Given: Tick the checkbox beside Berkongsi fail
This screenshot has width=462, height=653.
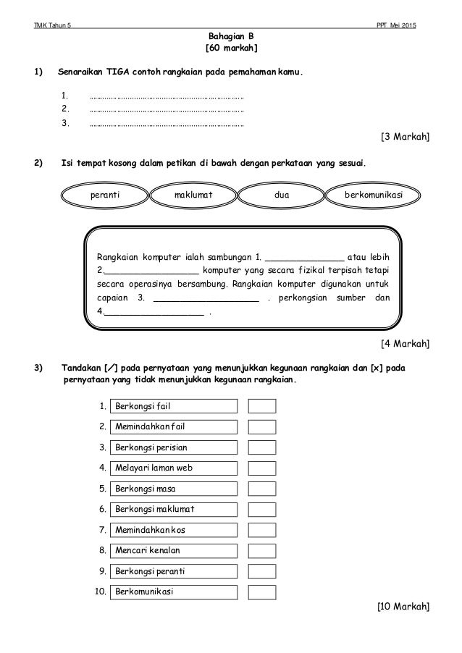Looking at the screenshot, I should click(261, 405).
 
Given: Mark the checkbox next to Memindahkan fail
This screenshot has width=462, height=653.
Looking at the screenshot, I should click(261, 426).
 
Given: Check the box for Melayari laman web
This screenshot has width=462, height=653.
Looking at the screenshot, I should click(261, 468).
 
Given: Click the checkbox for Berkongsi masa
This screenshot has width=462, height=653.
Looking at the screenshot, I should click(261, 488).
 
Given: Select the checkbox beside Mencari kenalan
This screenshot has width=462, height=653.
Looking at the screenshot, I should click(261, 550).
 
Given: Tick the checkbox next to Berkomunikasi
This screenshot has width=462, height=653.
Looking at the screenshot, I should click(261, 591).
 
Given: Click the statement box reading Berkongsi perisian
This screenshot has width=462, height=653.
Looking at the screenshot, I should click(174, 447).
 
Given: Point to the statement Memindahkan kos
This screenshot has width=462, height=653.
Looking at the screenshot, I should click(174, 530).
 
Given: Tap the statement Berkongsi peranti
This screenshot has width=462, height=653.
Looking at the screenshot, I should click(174, 571).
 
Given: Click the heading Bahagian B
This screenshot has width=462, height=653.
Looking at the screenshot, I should click(231, 35).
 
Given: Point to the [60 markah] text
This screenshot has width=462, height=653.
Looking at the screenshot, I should click(231, 49).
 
